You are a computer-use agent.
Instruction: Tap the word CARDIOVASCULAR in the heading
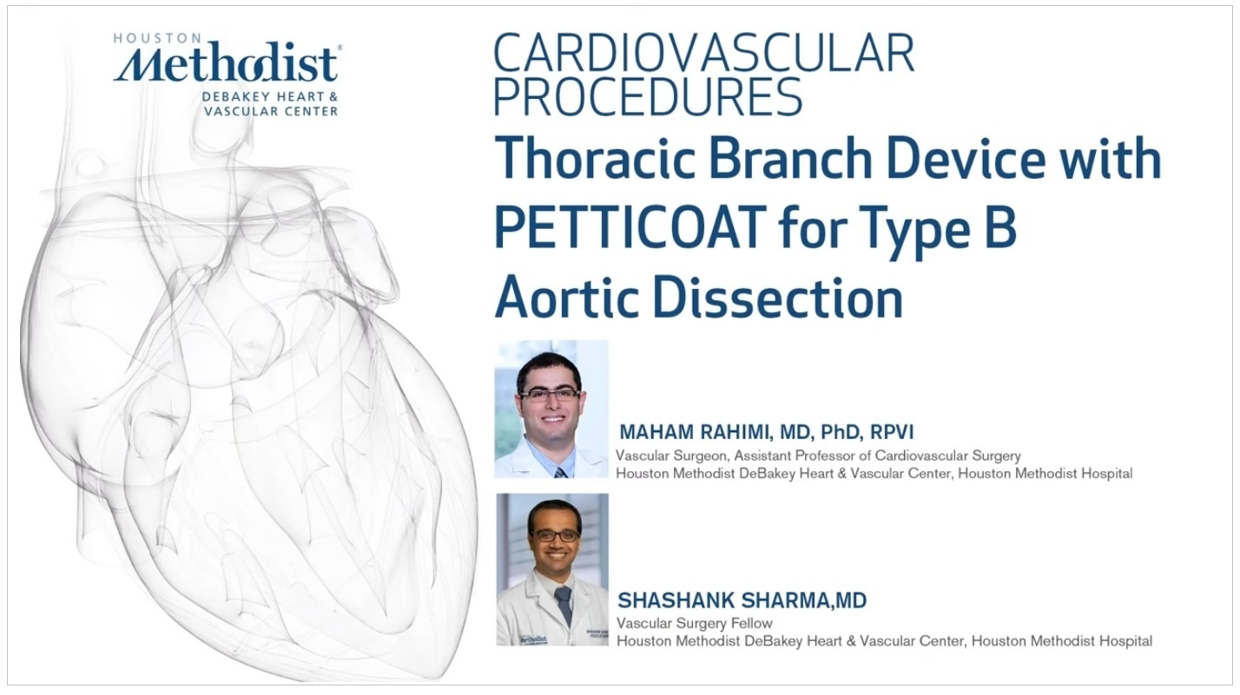tap(703, 53)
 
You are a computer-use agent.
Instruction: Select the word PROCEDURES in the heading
tap(648, 96)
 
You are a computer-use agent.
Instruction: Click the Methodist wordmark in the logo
tap(226, 63)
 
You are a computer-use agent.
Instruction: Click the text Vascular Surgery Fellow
tap(694, 623)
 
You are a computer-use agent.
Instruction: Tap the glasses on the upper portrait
tap(549, 395)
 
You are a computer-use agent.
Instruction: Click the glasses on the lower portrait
tap(555, 535)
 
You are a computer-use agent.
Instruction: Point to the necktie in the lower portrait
tap(564, 604)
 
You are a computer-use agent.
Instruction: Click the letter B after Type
tap(1001, 226)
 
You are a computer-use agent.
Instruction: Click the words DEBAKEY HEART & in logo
tap(269, 97)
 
